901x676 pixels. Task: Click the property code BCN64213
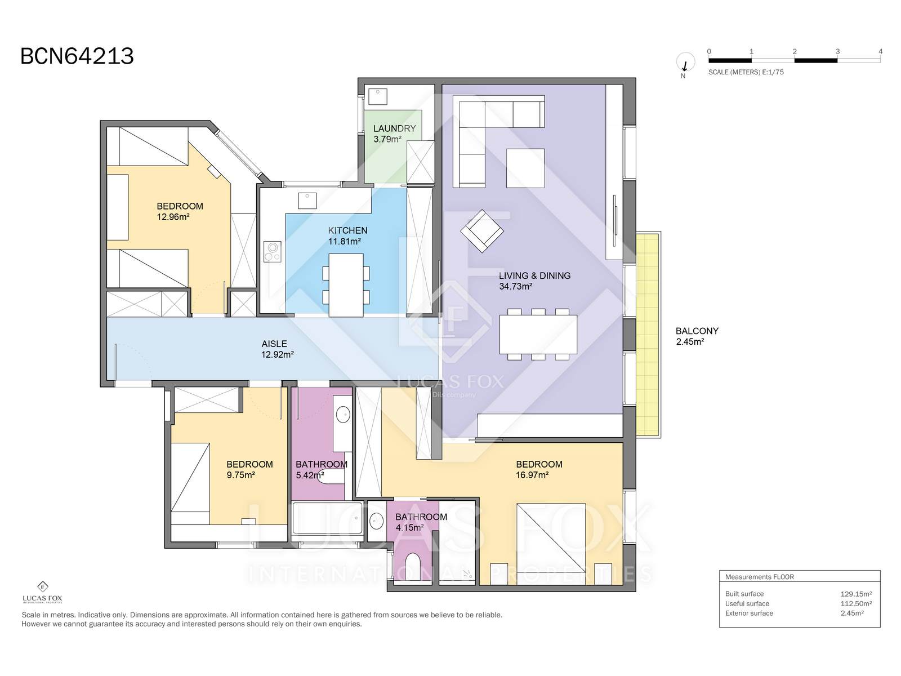[x=77, y=56]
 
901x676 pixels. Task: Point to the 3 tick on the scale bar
[x=837, y=51]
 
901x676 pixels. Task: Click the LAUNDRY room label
[x=394, y=128]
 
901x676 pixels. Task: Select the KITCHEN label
[x=347, y=230]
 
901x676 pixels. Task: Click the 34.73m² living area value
[x=516, y=287]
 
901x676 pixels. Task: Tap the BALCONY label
[x=697, y=331]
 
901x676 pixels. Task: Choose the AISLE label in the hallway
[x=274, y=344]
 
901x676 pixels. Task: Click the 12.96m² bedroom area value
[x=173, y=217]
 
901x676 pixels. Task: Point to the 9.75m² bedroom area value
[x=240, y=475]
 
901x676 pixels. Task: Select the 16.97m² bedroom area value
[x=532, y=475]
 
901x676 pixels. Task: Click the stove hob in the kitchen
[x=272, y=252]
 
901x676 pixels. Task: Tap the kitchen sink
[x=307, y=201]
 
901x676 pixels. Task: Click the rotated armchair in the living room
[x=482, y=231]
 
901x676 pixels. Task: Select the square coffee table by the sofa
[x=525, y=168]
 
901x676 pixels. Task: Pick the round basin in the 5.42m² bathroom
[x=343, y=415]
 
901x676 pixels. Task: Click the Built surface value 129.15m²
[x=856, y=594]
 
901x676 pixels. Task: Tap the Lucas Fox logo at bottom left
[x=42, y=592]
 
